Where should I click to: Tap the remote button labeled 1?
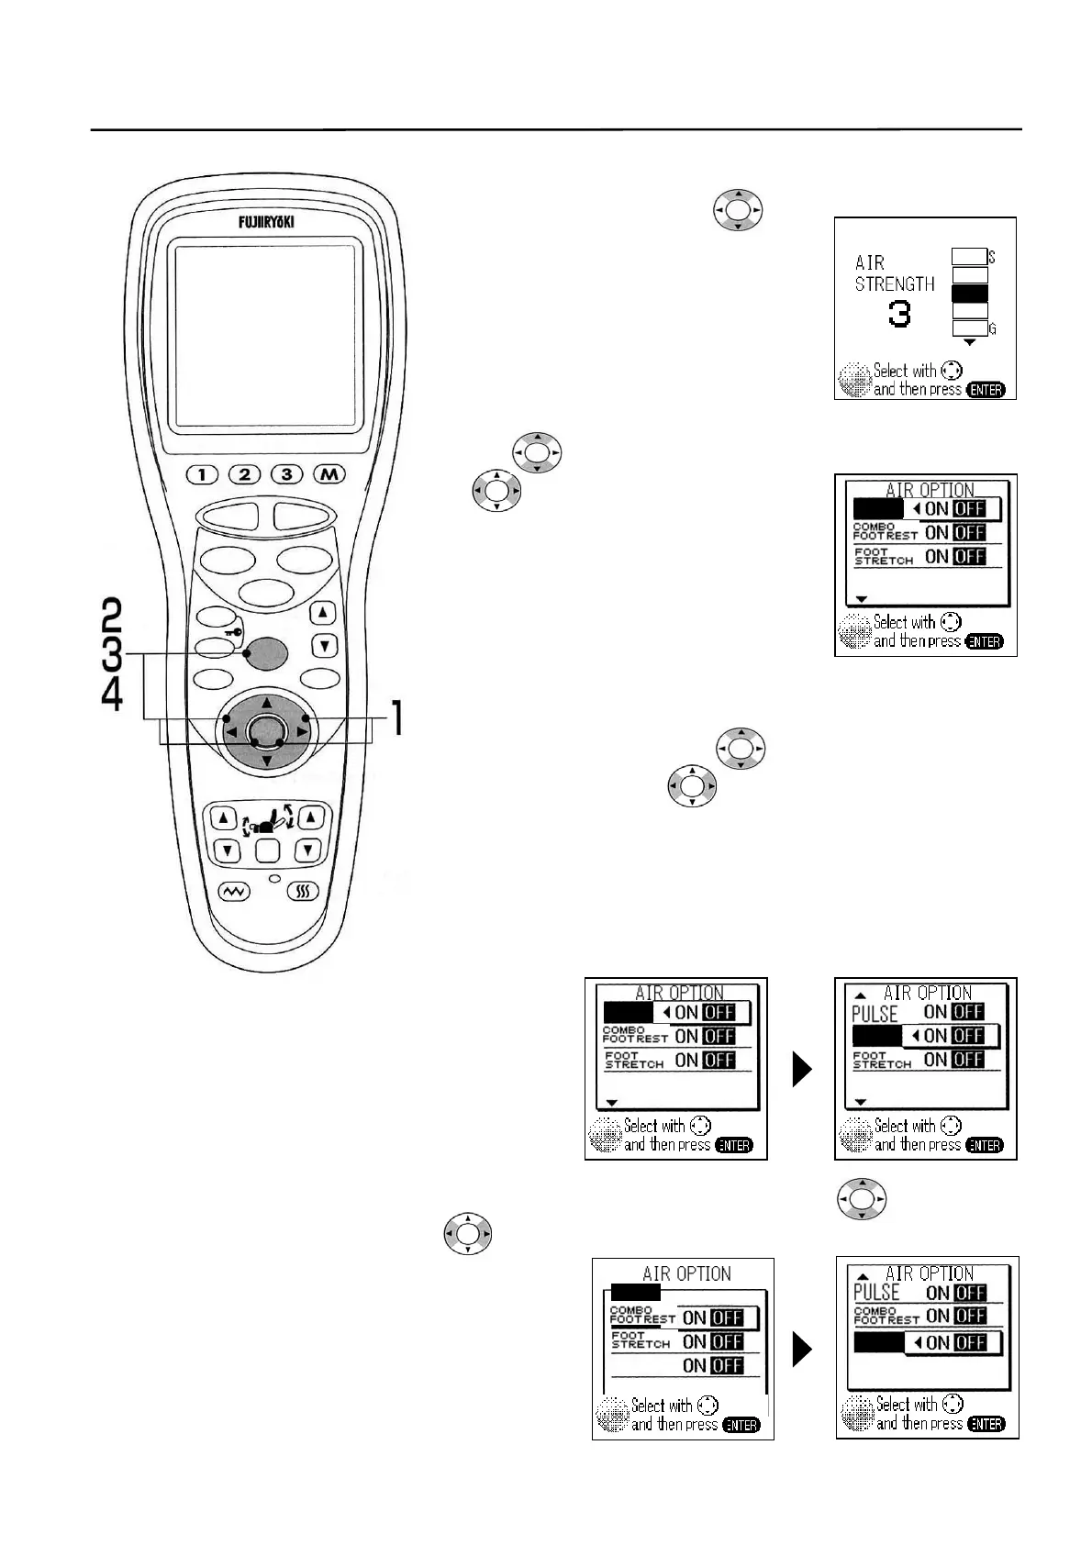202,474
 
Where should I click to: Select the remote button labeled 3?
287,474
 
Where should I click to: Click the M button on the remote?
329,474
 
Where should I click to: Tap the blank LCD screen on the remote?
265,335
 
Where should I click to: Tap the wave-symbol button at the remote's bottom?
231,891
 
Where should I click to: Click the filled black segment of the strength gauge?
969,294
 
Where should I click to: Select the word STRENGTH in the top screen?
895,284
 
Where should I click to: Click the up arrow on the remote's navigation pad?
266,704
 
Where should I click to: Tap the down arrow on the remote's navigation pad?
266,761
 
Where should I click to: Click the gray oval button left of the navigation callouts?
267,653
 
